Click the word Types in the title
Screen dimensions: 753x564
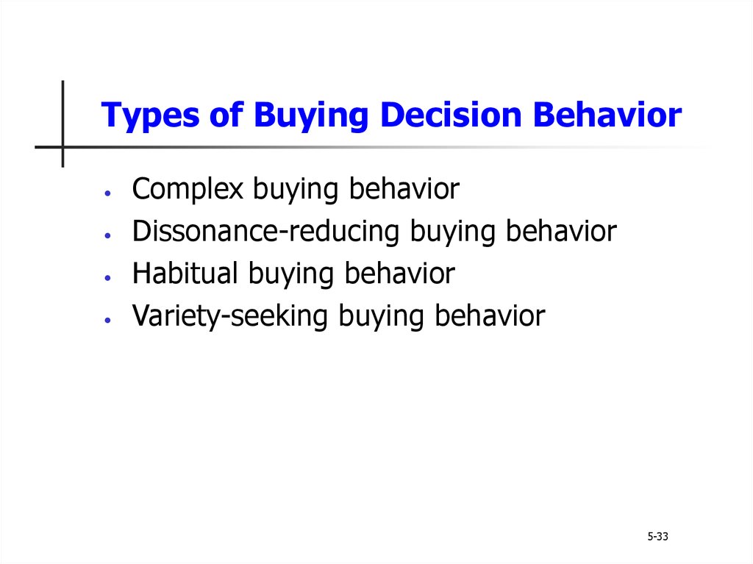[150, 115]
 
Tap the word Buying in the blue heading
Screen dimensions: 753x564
[311, 115]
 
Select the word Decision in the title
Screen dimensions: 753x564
[451, 115]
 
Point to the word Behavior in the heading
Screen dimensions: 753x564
[607, 115]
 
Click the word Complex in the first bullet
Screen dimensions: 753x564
[188, 189]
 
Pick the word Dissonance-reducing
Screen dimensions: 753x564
[265, 232]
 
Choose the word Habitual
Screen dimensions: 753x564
[185, 273]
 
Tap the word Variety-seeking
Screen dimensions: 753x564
[230, 316]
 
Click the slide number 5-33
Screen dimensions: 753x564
[657, 537]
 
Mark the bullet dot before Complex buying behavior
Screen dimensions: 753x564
[107, 193]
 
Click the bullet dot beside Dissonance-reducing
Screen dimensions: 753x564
[107, 235]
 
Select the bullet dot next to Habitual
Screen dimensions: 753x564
[107, 278]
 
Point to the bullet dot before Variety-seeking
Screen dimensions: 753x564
[107, 319]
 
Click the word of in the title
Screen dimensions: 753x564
[226, 115]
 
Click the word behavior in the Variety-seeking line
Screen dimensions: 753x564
[490, 315]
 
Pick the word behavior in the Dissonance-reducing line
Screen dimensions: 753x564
[561, 231]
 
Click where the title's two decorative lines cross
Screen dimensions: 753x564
[63, 147]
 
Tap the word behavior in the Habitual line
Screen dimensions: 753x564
[399, 274]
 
